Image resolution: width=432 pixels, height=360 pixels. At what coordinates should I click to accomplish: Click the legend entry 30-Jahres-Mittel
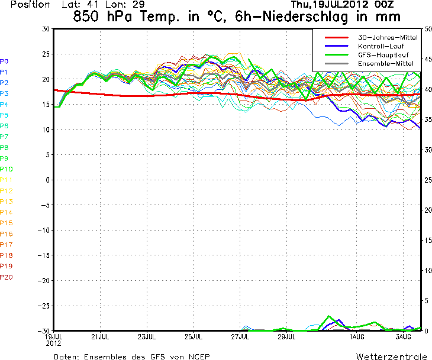pyautogui.click(x=389, y=37)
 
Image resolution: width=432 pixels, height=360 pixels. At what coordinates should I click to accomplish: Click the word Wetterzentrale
pyautogui.click(x=391, y=356)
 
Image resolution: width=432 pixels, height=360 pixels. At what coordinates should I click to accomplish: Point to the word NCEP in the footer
pyautogui.click(x=197, y=356)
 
